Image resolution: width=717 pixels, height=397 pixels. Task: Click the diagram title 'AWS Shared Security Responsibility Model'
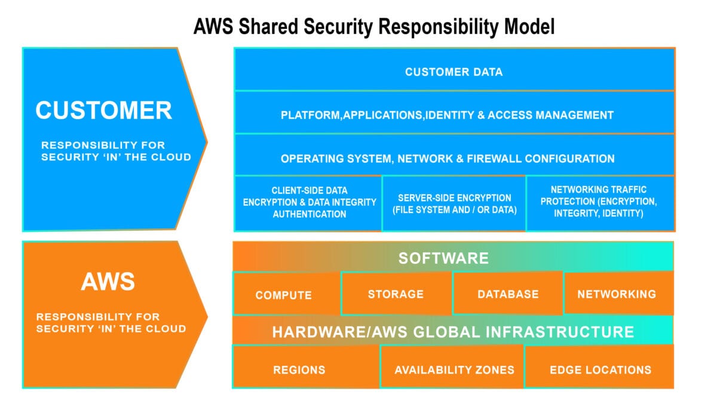(374, 27)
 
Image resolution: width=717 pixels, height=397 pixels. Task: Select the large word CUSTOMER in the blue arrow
(103, 111)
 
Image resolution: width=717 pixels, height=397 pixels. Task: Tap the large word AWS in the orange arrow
(108, 281)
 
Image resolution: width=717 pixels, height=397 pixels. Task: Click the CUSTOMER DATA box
(454, 72)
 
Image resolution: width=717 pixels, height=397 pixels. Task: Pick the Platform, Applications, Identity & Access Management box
(447, 115)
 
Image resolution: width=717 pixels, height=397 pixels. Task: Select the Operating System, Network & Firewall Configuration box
(448, 158)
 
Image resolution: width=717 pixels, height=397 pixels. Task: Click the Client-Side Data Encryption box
(309, 203)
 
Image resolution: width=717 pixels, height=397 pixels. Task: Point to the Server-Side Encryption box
(454, 204)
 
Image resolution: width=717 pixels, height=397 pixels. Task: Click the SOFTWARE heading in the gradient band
(443, 258)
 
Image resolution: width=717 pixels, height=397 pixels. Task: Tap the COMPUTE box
(284, 295)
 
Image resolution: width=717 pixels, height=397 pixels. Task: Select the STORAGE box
(396, 294)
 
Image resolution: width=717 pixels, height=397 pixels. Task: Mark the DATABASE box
(508, 294)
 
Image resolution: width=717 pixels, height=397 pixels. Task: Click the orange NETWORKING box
(617, 294)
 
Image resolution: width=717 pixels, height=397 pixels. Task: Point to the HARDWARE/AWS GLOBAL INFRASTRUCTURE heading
(453, 332)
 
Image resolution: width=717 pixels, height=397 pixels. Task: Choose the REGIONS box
(299, 369)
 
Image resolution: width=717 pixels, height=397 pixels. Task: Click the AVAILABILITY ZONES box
(454, 369)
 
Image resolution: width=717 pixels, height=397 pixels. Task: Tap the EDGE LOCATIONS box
(600, 369)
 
